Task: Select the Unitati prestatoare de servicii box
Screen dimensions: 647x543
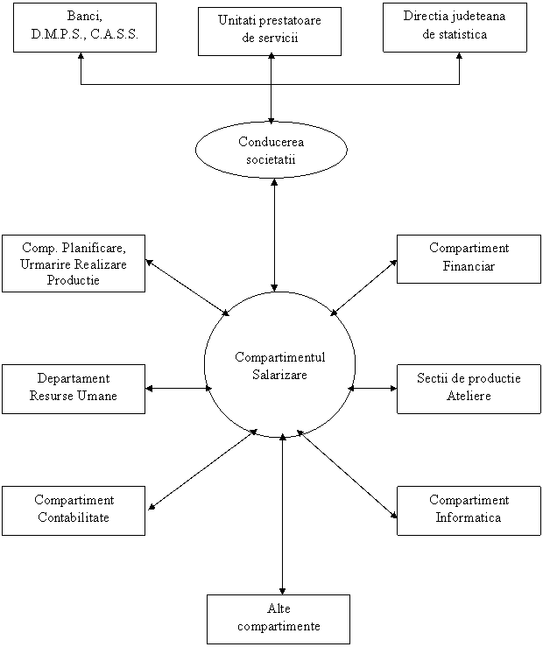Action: coord(270,32)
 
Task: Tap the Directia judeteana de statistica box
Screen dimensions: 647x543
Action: coord(455,27)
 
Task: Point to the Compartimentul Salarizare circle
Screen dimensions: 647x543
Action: coord(280,364)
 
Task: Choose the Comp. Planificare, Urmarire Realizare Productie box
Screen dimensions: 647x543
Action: coord(73,263)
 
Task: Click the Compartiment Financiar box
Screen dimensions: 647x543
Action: coord(469,258)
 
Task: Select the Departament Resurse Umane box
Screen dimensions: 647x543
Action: coord(73,389)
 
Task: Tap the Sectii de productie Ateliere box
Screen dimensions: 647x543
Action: coord(469,389)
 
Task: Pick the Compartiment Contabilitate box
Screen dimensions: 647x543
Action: coord(73,510)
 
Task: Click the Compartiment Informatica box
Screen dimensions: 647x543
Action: coord(469,510)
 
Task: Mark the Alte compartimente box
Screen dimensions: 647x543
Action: coord(278,619)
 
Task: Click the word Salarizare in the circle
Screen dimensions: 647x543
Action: coord(280,374)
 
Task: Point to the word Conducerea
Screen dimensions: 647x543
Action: coord(271,143)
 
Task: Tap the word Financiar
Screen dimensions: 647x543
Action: coord(469,266)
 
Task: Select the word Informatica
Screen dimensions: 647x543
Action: coord(469,517)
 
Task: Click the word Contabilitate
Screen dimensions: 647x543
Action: coord(73,517)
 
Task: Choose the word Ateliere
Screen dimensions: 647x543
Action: coord(469,397)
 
